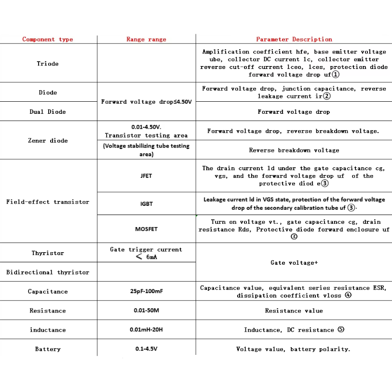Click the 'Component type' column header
(x=48, y=40)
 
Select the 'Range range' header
(x=146, y=40)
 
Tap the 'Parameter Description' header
(x=294, y=40)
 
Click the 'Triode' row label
(x=48, y=64)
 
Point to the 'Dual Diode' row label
(x=48, y=112)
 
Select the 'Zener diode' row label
(x=48, y=141)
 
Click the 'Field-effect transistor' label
(x=48, y=202)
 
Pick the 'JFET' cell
(x=146, y=176)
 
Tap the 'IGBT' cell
(x=146, y=204)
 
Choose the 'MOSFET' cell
(x=146, y=230)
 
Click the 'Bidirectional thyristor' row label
(x=48, y=272)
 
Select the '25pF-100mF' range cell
(x=146, y=292)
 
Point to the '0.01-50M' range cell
(x=146, y=311)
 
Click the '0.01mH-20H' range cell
(x=146, y=330)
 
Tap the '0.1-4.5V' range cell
(x=146, y=350)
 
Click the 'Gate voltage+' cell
(x=294, y=263)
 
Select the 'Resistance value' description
(x=294, y=311)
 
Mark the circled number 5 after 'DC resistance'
(x=341, y=330)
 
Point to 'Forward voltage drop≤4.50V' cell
(x=146, y=102)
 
